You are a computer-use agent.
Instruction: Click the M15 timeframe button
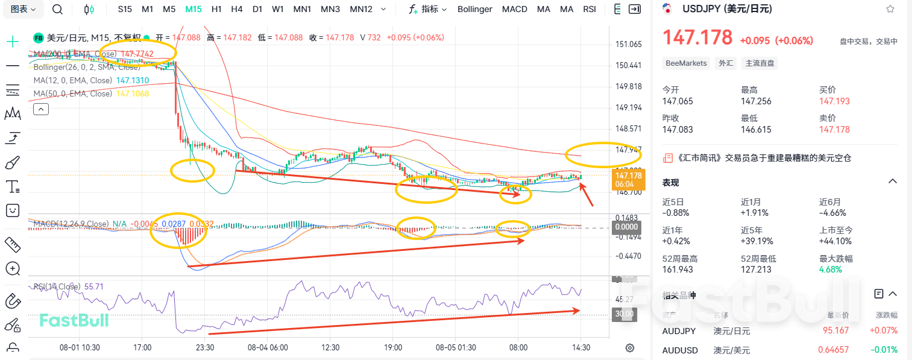click(x=193, y=9)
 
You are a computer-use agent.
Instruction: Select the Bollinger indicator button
click(x=474, y=9)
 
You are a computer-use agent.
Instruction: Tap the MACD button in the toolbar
click(x=514, y=9)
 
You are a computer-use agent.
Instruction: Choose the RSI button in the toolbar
click(x=590, y=9)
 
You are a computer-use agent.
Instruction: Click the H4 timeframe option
click(x=237, y=9)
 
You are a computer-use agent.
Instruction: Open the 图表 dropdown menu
click(x=24, y=9)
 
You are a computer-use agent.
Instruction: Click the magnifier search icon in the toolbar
click(x=57, y=9)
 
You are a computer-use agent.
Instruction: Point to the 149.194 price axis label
click(x=628, y=107)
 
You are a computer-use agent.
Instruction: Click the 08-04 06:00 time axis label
click(x=268, y=348)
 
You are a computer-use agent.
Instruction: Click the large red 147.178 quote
click(x=697, y=38)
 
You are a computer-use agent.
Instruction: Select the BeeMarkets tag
click(x=686, y=63)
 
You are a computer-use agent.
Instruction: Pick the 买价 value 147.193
click(x=834, y=101)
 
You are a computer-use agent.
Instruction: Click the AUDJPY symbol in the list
click(x=679, y=331)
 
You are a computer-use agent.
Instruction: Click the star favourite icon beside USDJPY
click(x=890, y=9)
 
